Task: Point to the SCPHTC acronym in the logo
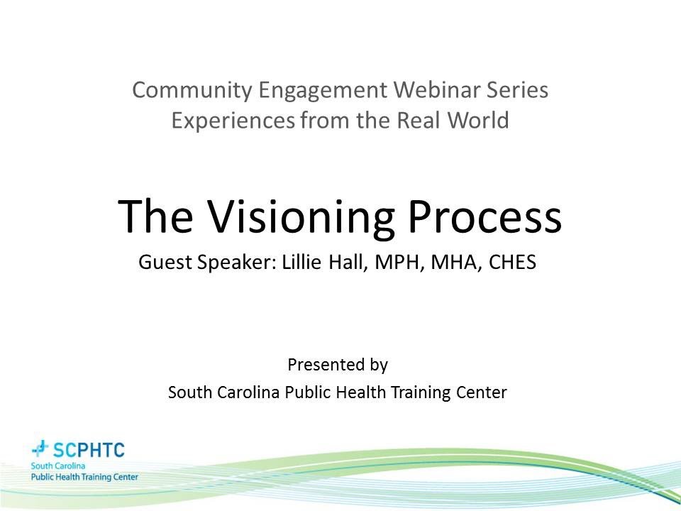(x=89, y=449)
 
